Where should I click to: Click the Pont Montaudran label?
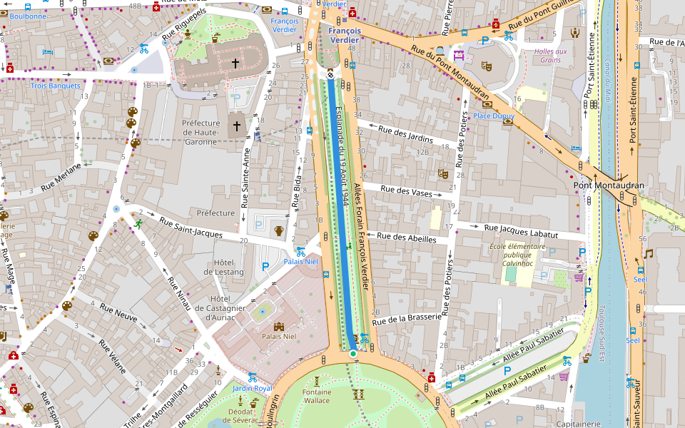[x=609, y=185]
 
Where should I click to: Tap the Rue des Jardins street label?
[x=405, y=133]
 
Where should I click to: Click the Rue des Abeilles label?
[x=406, y=238]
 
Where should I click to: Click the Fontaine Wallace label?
[x=317, y=397]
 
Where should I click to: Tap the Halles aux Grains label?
[x=551, y=55]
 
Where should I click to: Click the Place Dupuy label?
[x=493, y=116]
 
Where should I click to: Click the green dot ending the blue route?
[x=352, y=353]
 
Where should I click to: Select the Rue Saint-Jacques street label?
[x=191, y=229]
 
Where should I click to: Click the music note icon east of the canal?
[x=648, y=254]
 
